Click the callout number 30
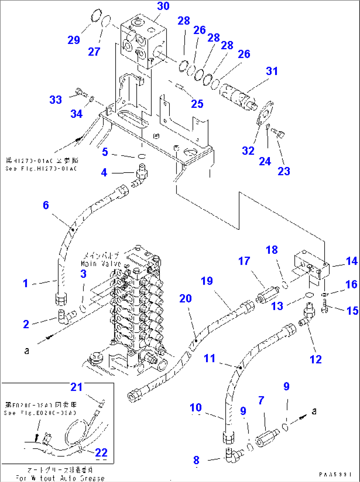(x=163, y=6)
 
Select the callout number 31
(x=272, y=71)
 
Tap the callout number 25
(x=197, y=104)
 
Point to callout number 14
(x=352, y=261)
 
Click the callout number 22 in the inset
(x=101, y=452)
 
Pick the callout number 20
(x=185, y=299)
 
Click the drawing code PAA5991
(x=335, y=474)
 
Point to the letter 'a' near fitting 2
(x=26, y=350)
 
